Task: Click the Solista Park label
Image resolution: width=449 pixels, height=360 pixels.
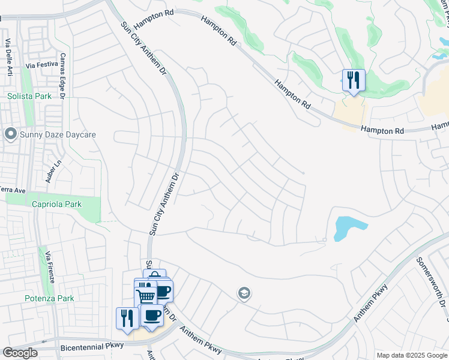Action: pos(29,95)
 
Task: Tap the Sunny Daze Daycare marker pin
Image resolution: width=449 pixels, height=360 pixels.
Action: pos(10,134)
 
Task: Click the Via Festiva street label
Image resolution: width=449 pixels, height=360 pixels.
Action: pos(41,65)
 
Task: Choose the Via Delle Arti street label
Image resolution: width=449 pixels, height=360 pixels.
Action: pos(8,56)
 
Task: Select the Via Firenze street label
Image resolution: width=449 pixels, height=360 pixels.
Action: pos(51,268)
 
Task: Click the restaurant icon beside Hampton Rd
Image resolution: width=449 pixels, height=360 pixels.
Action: pos(354,80)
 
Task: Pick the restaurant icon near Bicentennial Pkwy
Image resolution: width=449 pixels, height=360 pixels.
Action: pos(127,317)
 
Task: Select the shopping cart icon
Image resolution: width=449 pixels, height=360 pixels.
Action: pos(145,296)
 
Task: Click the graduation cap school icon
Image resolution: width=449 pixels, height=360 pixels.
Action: pos(244,293)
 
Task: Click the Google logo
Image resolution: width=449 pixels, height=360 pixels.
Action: pos(20,353)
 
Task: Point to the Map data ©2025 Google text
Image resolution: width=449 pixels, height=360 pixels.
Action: pos(412,355)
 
